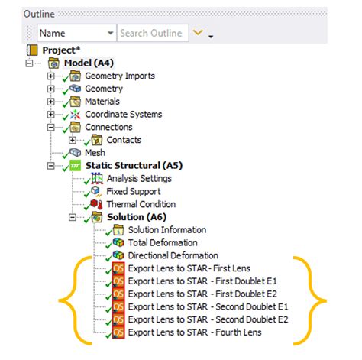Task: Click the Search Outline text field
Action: point(153,33)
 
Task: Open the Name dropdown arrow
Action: point(110,33)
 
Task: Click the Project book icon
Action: point(32,50)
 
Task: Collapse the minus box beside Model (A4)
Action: point(30,63)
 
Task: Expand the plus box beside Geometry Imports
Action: point(51,76)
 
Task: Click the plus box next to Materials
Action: point(51,102)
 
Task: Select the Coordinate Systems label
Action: point(124,115)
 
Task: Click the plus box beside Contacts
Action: point(73,140)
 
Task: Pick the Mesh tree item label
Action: point(95,153)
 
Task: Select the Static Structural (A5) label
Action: point(134,166)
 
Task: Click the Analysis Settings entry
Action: point(139,178)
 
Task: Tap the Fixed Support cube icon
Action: point(96,191)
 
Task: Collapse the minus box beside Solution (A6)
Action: point(73,217)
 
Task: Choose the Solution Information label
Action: point(167,230)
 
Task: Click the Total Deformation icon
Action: point(118,242)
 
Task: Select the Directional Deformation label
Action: point(173,255)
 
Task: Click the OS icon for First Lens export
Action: point(118,268)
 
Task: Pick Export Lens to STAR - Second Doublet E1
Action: point(208,306)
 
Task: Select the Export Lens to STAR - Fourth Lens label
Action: point(195,332)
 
